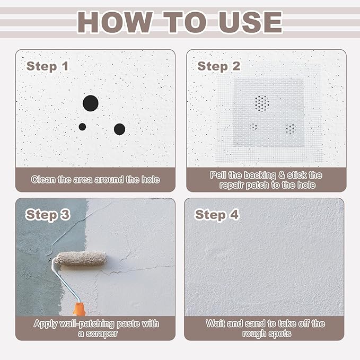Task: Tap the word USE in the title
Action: (250, 22)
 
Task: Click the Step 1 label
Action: (48, 66)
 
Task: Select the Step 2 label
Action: (218, 66)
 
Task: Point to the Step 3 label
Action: (48, 215)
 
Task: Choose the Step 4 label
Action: (217, 215)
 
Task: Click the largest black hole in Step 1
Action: (91, 103)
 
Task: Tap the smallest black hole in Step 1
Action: (82, 127)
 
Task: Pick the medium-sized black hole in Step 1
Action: (119, 129)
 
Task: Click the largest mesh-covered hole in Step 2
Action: (262, 103)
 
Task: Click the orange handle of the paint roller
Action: (79, 309)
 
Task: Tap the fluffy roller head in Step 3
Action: (81, 259)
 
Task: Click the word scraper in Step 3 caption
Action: (102, 333)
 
